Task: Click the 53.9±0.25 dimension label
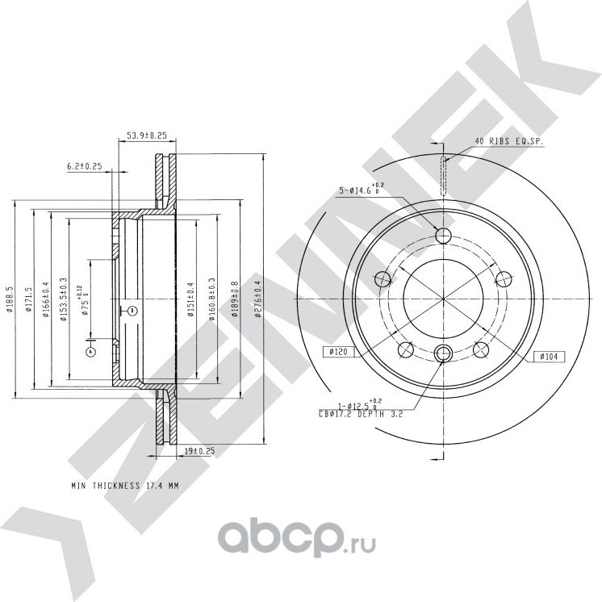(146, 136)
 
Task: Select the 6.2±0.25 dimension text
(85, 166)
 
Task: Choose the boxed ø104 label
(548, 356)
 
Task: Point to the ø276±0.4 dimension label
(258, 299)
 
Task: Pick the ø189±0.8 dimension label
(235, 299)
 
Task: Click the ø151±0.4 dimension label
(191, 299)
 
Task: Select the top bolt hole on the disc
(443, 235)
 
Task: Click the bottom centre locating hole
(443, 353)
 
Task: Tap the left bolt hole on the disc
(383, 279)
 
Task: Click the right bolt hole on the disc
(504, 279)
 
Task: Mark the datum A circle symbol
(90, 352)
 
